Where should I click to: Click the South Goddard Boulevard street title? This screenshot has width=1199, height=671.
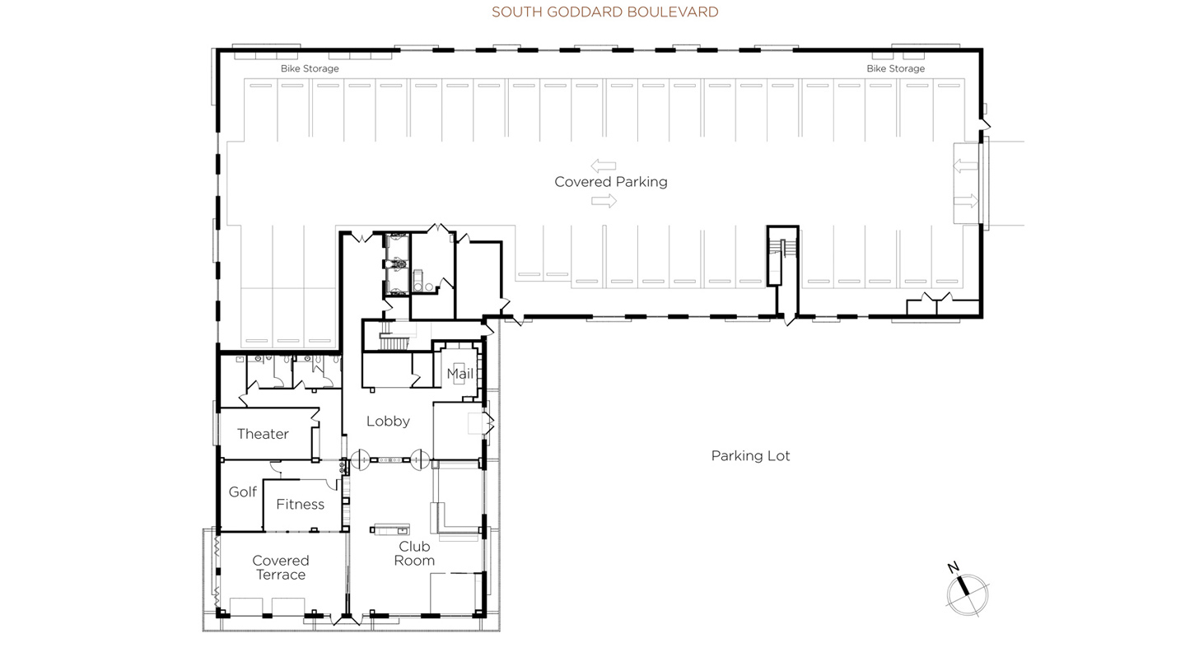[604, 12]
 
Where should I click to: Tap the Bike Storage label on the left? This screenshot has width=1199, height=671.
[310, 68]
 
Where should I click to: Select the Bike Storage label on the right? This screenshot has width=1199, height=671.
[895, 68]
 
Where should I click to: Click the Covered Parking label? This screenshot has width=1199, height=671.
[610, 182]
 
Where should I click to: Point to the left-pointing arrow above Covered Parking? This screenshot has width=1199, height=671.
[603, 166]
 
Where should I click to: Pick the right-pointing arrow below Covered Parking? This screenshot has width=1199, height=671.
[604, 200]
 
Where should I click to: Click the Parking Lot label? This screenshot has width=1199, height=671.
[750, 456]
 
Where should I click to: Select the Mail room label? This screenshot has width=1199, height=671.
[460, 374]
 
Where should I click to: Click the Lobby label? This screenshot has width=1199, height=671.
[388, 422]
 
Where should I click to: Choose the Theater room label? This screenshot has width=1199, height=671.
[263, 434]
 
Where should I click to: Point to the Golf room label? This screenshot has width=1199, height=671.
[242, 492]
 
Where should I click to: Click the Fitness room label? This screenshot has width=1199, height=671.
[300, 505]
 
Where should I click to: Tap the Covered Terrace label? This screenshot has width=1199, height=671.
[280, 568]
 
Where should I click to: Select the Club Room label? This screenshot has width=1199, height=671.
[413, 553]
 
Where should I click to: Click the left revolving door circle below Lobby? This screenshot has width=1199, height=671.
[360, 459]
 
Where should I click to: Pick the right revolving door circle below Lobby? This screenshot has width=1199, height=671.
[420, 459]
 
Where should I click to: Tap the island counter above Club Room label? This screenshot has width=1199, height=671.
[391, 529]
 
